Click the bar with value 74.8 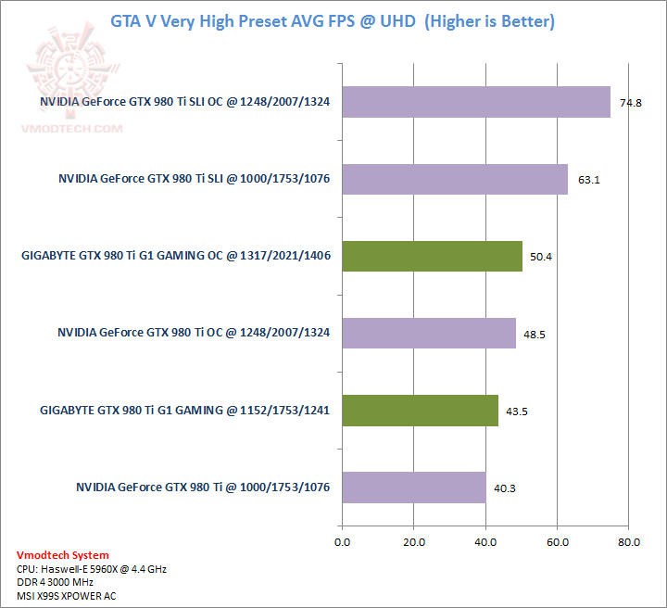pos(476,102)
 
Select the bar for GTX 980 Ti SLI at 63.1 pos(455,179)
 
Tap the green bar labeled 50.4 pos(432,256)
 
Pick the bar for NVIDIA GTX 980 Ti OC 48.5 pos(429,333)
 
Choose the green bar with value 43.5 pos(420,410)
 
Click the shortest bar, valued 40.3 pos(414,487)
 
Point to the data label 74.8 pos(632,103)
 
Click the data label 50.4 pos(544,257)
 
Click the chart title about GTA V pos(333,20)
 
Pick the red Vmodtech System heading pos(63,555)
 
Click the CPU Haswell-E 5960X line pos(92,568)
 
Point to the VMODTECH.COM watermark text pos(71,129)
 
